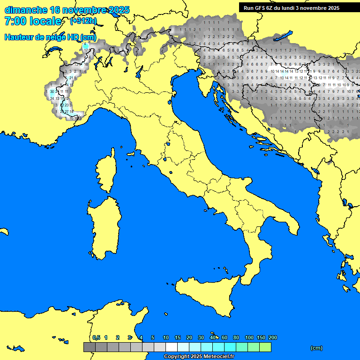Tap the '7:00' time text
coord(15,21)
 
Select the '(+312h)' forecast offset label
coord(83,21)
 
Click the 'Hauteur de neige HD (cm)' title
coord(50,37)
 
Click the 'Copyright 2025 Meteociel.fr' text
coord(199,356)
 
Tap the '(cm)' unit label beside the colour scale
coord(316,348)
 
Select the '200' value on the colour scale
coord(273,337)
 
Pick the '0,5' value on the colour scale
coord(96,337)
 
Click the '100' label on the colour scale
coord(249,337)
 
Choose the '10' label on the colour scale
coord(166,337)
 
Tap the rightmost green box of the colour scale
coord(265,347)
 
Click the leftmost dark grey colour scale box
coord(89,347)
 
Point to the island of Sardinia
coord(103,227)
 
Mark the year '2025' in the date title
coord(119,10)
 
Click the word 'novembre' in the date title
coord(84,10)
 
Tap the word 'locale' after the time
coord(45,21)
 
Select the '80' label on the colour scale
coord(236,337)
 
